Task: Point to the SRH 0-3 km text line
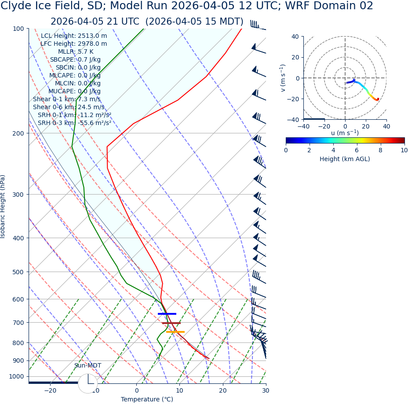(74, 123)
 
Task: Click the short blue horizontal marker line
(167, 314)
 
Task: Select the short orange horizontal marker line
(175, 332)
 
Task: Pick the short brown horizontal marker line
(171, 323)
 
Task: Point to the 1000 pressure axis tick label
(17, 376)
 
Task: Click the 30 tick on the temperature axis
(266, 390)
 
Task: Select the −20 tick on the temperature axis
(50, 390)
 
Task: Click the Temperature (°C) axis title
(147, 400)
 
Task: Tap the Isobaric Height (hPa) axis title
(4, 206)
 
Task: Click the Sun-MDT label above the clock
(87, 366)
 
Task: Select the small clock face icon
(88, 383)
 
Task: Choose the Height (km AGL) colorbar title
(345, 159)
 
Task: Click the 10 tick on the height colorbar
(404, 150)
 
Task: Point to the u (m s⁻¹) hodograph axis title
(345, 133)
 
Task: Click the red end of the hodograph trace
(377, 99)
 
